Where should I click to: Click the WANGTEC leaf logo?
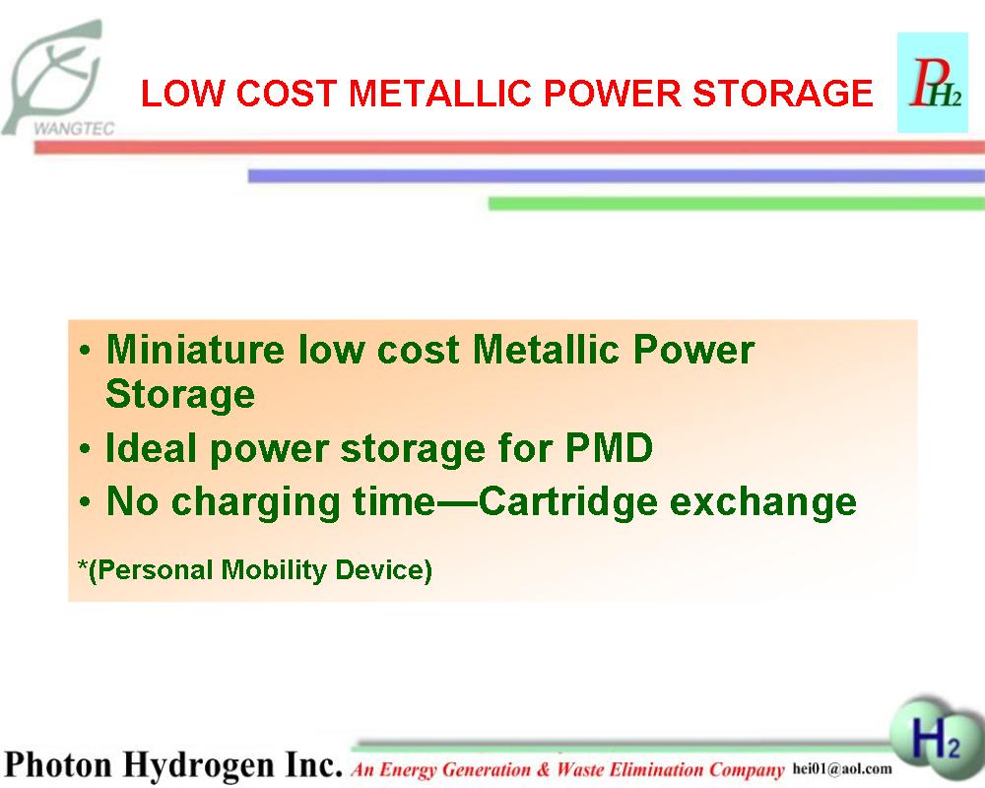pyautogui.click(x=58, y=79)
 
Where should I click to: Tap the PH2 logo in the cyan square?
pyautogui.click(x=932, y=83)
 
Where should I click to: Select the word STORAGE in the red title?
pyautogui.click(x=783, y=93)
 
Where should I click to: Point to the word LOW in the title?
pyautogui.click(x=182, y=93)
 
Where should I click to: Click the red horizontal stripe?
pyautogui.click(x=509, y=147)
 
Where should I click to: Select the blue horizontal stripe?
pyautogui.click(x=617, y=175)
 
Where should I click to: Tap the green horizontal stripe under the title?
pyautogui.click(x=737, y=203)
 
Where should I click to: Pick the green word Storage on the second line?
pyautogui.click(x=180, y=396)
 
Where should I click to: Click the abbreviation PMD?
pyautogui.click(x=610, y=448)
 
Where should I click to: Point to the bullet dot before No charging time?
pyautogui.click(x=86, y=502)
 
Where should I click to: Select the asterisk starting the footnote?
pyautogui.click(x=83, y=563)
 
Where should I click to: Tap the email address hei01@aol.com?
pyautogui.click(x=842, y=768)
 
